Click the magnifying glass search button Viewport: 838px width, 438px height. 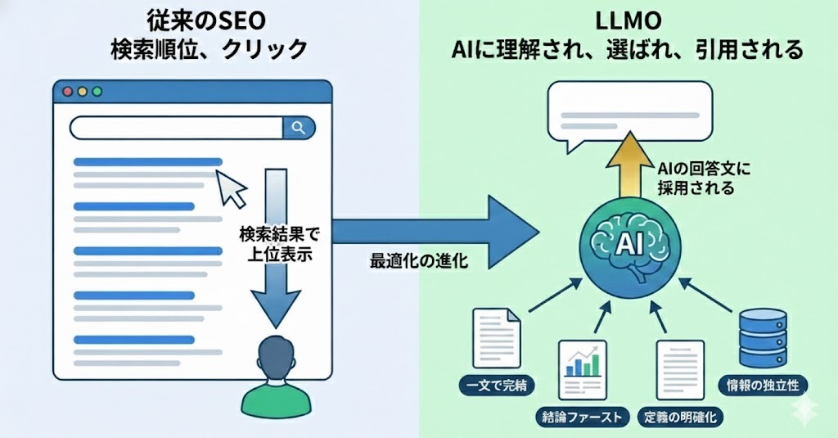coord(299,128)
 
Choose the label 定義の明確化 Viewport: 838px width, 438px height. coord(678,418)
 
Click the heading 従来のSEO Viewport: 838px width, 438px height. coord(208,18)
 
